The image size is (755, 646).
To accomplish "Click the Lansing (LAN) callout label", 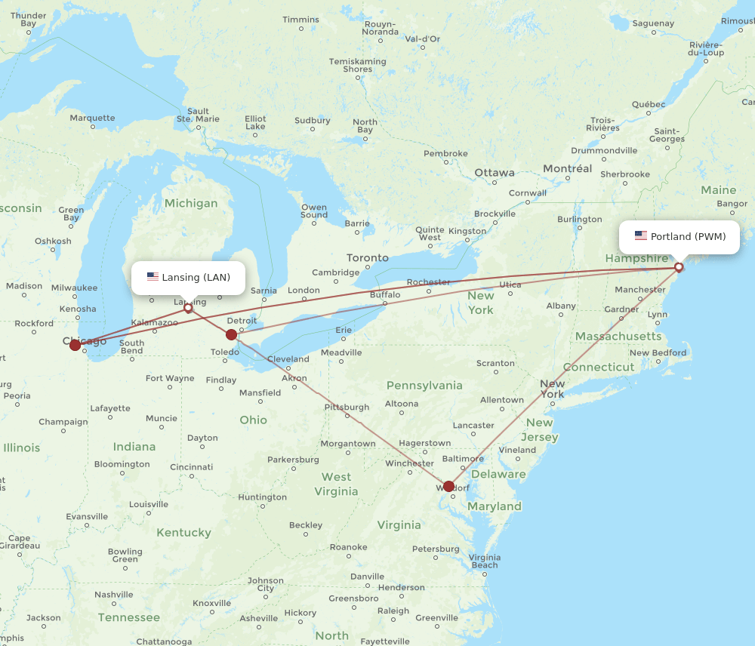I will (188, 277).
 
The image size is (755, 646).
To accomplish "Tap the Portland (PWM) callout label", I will (679, 236).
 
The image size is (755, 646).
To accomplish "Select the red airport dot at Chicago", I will (75, 345).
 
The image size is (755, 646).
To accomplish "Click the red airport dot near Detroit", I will (231, 334).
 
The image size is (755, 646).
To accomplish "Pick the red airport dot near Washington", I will (449, 486).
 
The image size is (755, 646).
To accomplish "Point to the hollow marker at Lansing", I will (188, 307).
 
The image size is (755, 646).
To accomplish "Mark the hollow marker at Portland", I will (679, 266).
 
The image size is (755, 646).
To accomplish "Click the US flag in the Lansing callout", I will (153, 277).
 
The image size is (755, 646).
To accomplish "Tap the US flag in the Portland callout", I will (641, 236).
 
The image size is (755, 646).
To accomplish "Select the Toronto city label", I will (368, 257).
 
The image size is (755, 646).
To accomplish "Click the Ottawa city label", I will (495, 173).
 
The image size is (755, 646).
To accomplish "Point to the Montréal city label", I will (568, 168).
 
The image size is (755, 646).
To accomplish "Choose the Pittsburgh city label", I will (347, 407).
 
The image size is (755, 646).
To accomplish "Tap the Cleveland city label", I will (288, 359).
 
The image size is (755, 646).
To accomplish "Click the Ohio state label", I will (253, 420).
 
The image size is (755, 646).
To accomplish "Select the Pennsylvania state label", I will (424, 386).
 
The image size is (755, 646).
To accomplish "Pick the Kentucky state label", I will (183, 532).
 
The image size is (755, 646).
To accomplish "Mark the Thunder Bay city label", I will (29, 19).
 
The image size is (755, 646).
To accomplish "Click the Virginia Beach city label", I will (485, 561).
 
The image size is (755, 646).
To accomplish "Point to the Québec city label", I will (649, 104).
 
